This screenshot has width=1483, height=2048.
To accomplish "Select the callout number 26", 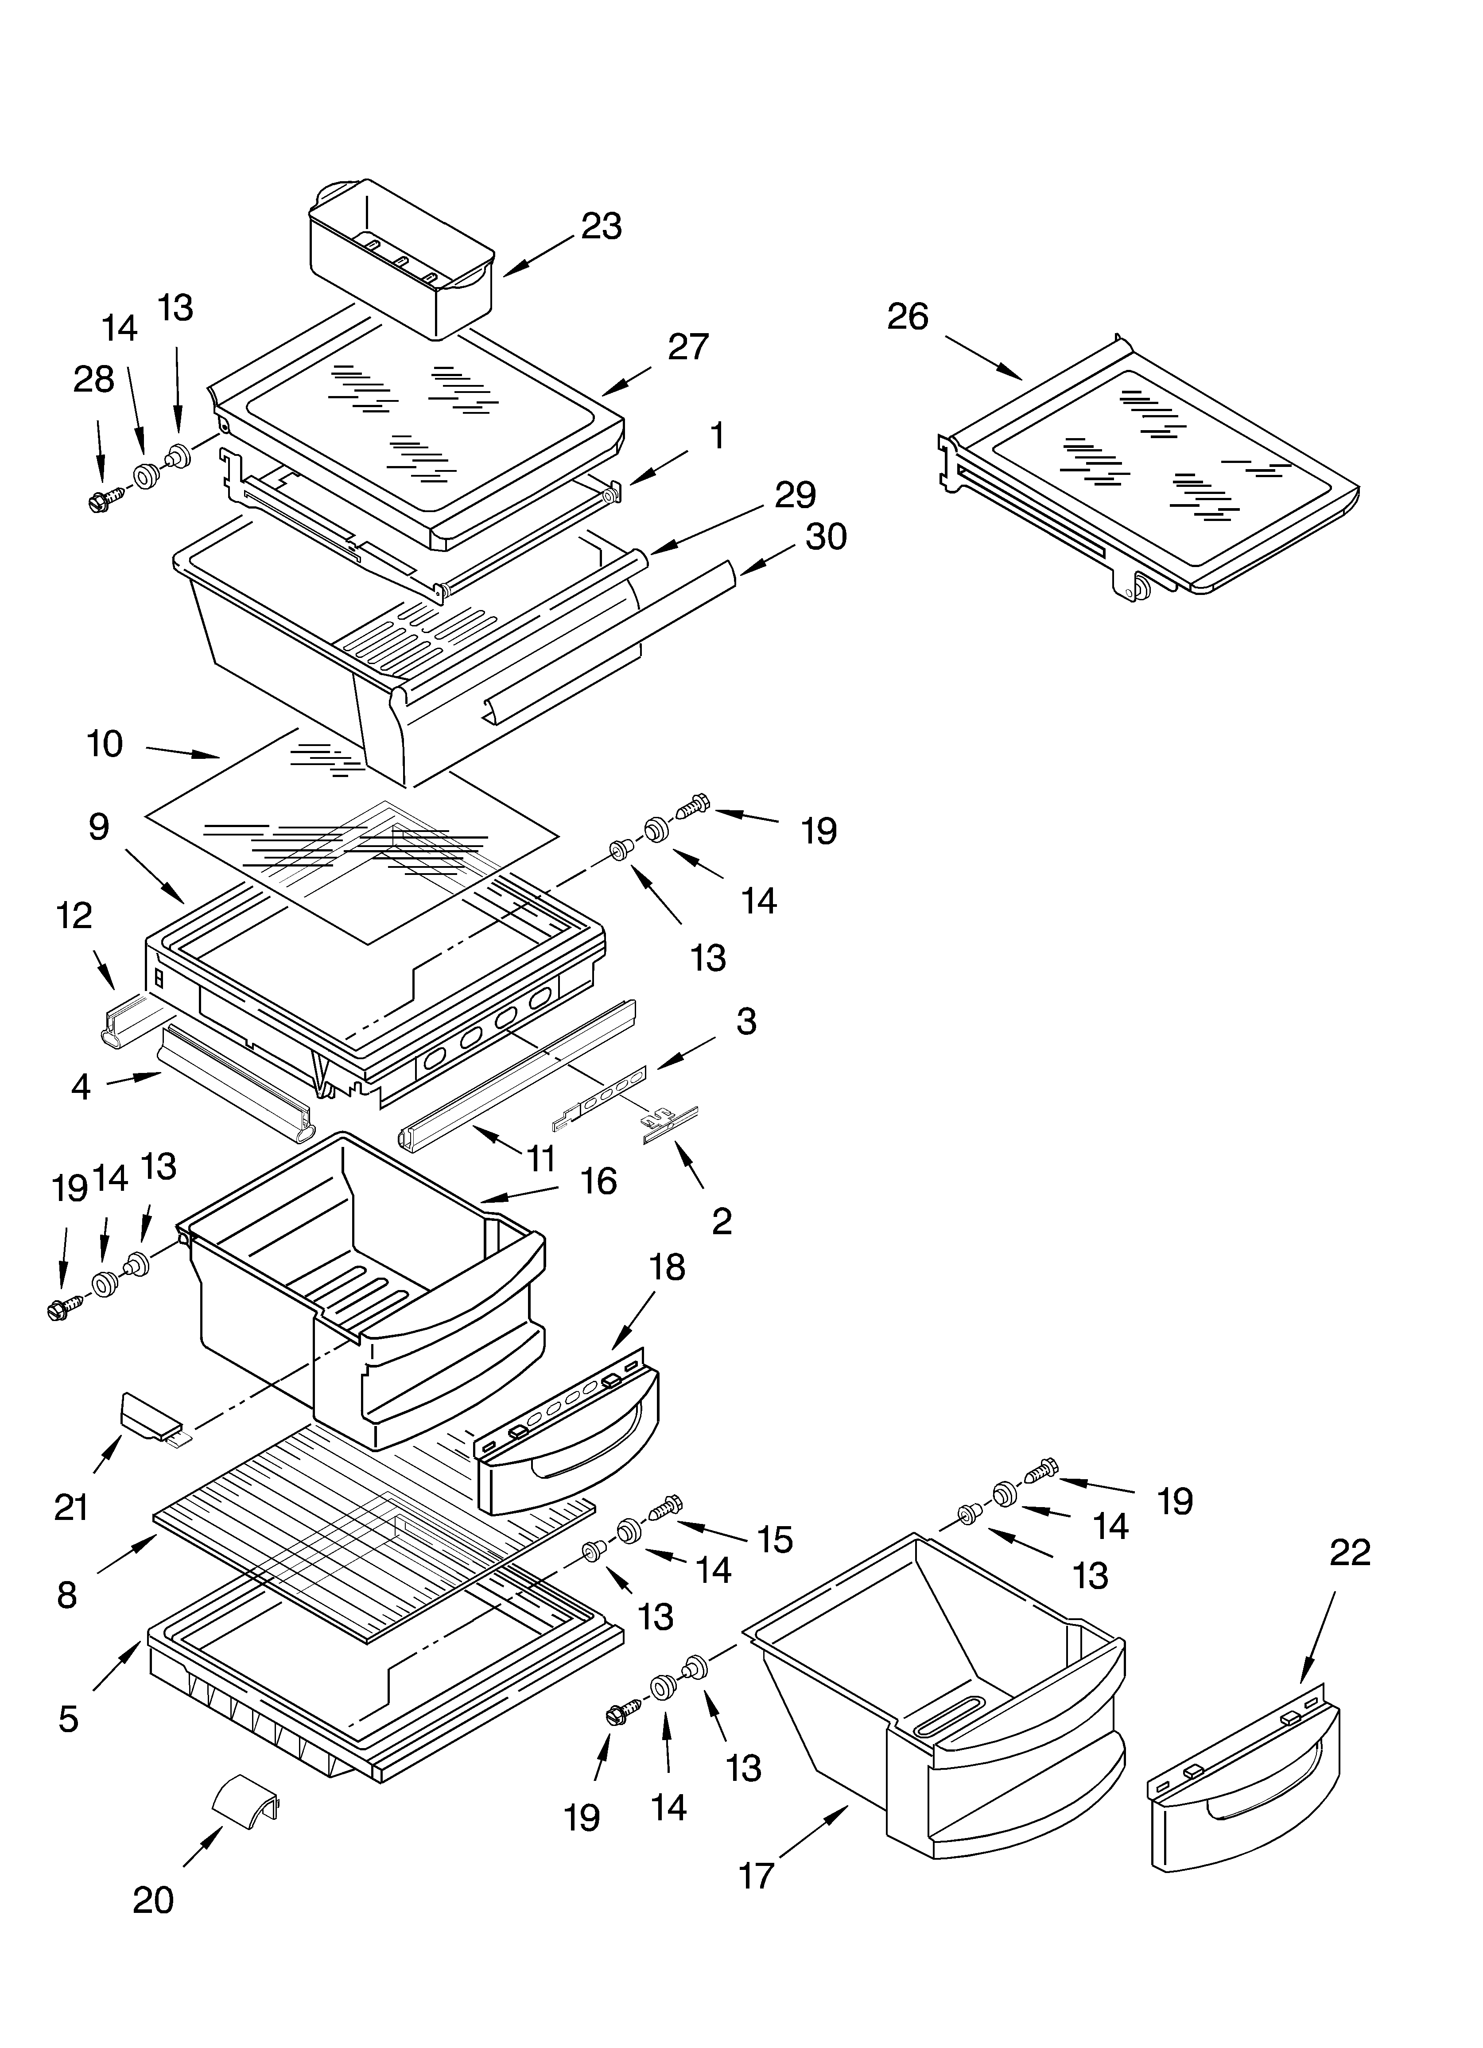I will pos(908,317).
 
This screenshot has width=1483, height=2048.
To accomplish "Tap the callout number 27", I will pos(688,347).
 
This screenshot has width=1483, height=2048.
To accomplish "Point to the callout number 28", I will pos(94,380).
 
